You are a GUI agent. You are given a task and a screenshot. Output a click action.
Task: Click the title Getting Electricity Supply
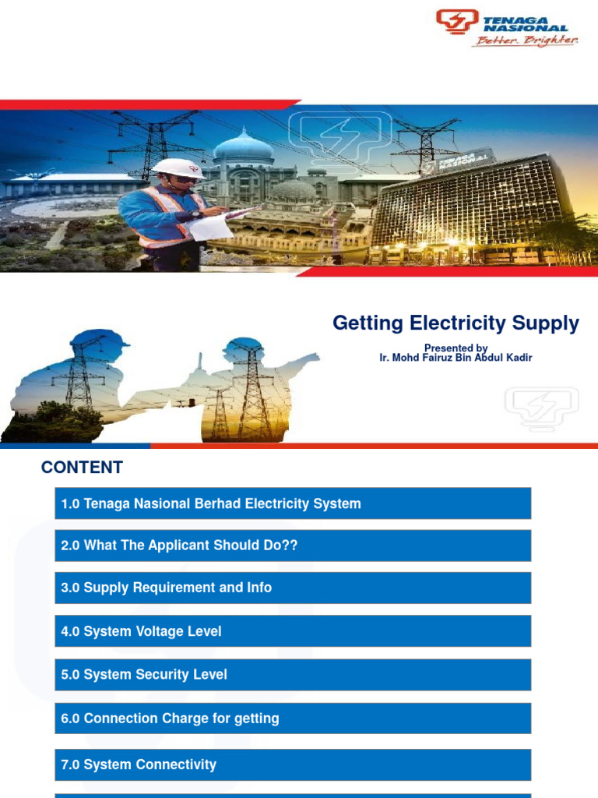pos(456,323)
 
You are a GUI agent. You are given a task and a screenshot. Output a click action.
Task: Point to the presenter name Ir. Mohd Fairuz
pos(456,358)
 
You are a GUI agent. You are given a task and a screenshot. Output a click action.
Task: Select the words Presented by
pos(456,348)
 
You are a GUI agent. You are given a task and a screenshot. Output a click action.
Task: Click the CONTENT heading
pos(82,468)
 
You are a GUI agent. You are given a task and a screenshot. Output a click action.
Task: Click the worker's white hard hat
pos(178,167)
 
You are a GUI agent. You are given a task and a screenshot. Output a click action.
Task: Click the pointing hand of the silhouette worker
pos(310,358)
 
